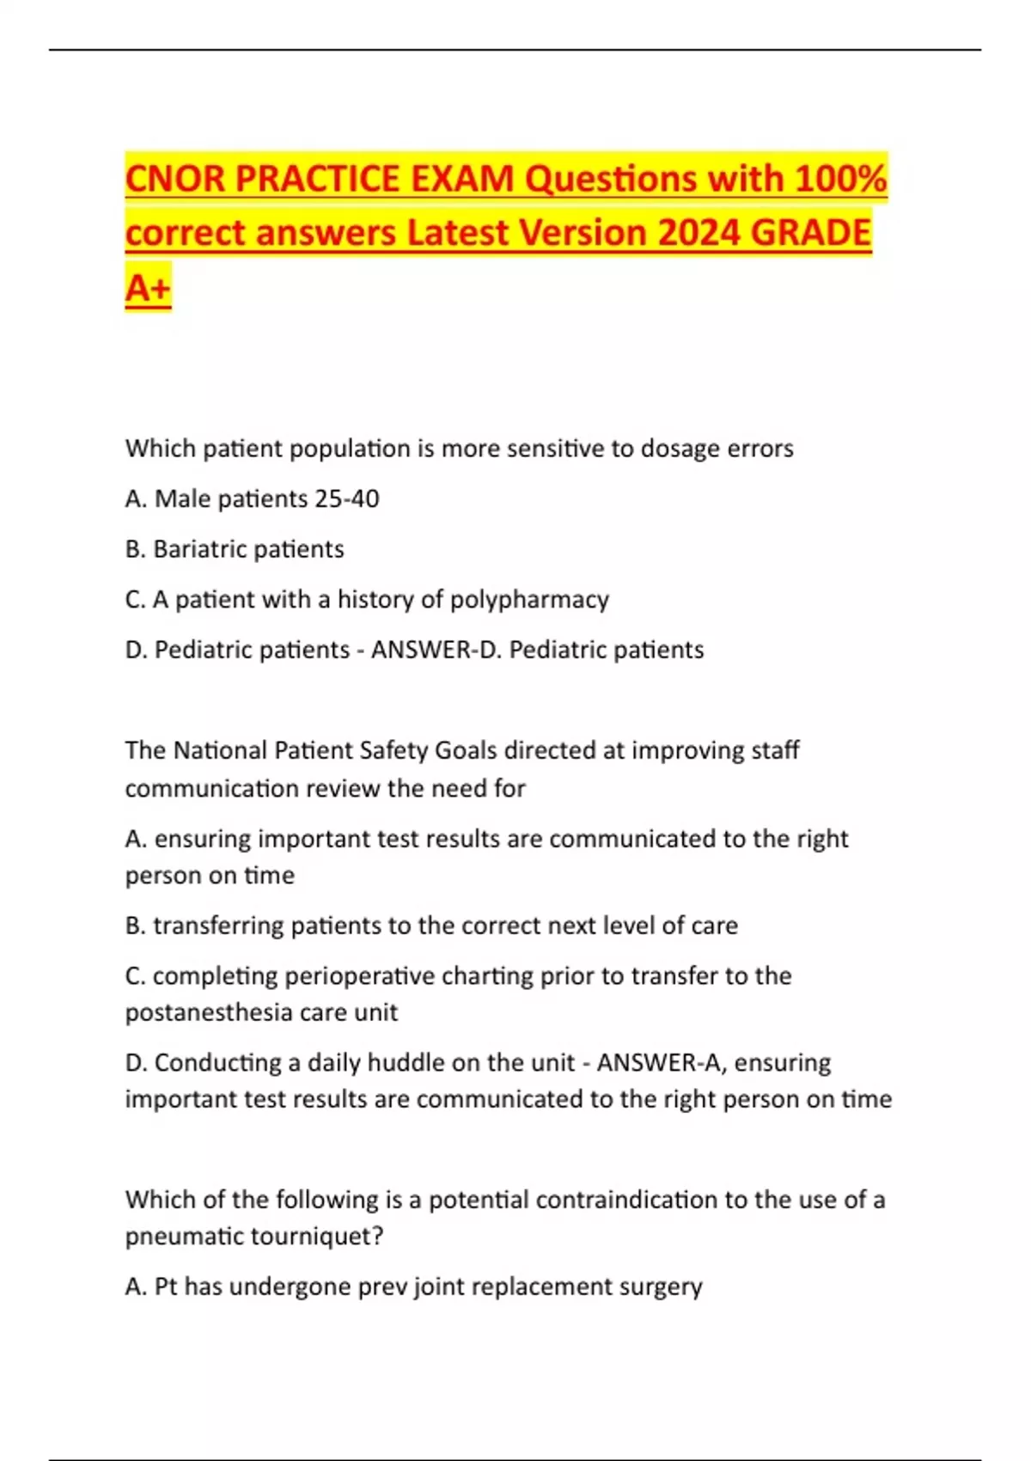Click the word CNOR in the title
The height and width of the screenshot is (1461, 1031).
tap(174, 179)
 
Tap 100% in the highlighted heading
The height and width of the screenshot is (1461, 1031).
tap(841, 179)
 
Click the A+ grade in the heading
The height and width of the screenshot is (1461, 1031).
tap(148, 287)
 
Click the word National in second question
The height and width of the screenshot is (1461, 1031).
tap(220, 750)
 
